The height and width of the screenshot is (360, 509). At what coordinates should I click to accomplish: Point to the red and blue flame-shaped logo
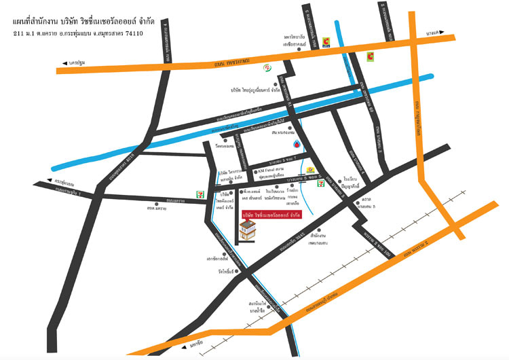(297, 144)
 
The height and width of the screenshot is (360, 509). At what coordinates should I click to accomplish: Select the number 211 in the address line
(20, 32)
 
